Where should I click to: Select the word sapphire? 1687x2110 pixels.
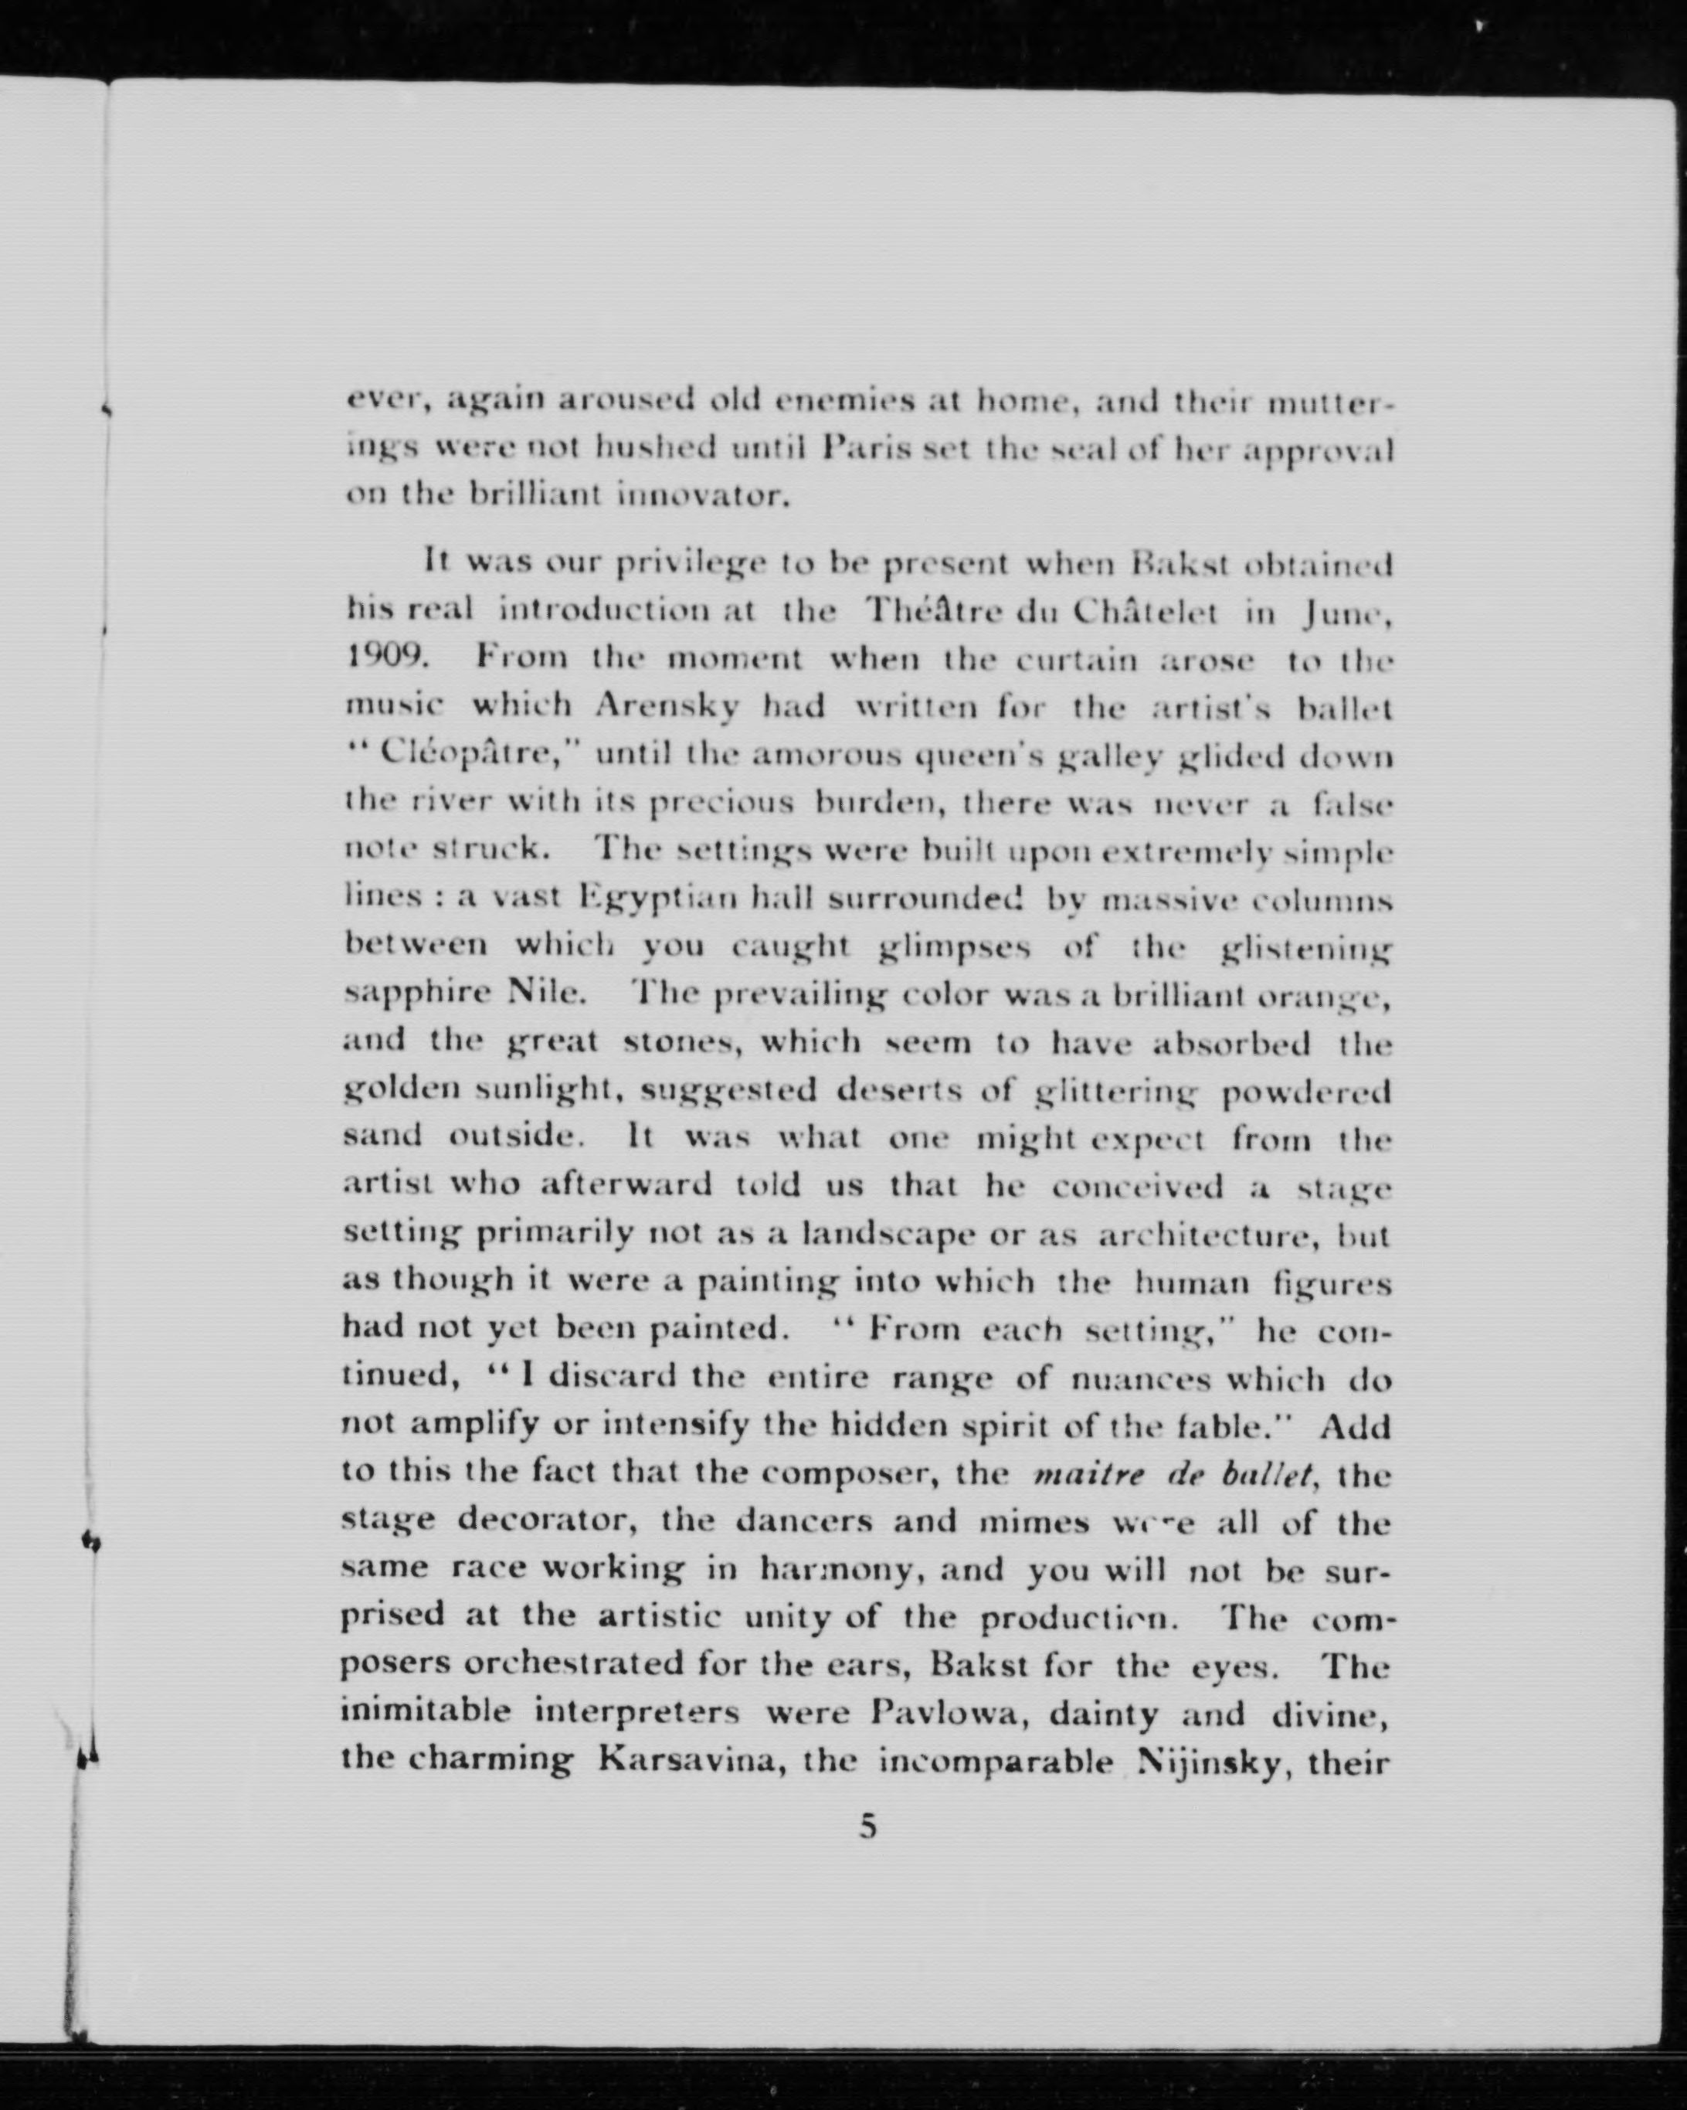(x=419, y=994)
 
